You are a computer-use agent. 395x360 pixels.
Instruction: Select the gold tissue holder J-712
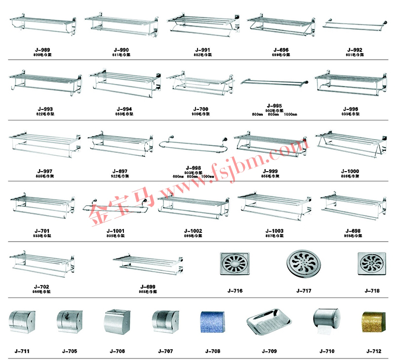pyautogui.click(x=374, y=322)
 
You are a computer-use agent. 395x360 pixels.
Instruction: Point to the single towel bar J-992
pyautogui.click(x=354, y=24)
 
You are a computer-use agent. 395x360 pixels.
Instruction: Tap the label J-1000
pyautogui.click(x=350, y=171)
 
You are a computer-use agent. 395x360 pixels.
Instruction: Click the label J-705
pyautogui.click(x=70, y=351)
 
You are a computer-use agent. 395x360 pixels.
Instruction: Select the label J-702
pyautogui.click(x=41, y=287)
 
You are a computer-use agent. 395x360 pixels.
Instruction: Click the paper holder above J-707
pyautogui.click(x=165, y=322)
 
